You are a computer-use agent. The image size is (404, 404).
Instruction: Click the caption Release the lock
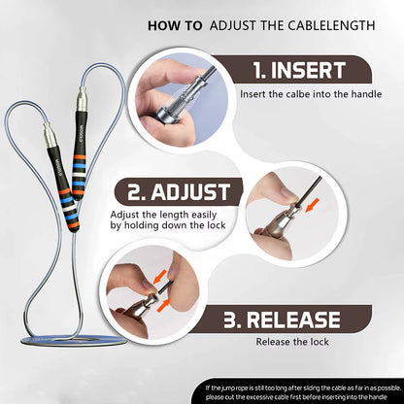tap(291, 342)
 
